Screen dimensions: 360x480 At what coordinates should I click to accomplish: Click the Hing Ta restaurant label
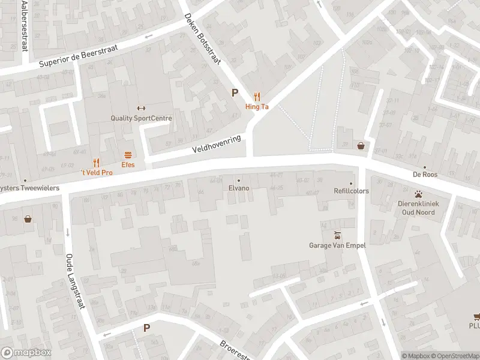(x=257, y=107)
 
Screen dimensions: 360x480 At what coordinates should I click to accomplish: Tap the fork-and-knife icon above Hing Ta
(x=257, y=96)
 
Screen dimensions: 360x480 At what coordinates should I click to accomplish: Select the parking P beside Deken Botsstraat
(x=235, y=93)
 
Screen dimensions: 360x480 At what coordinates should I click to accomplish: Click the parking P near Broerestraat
(x=146, y=328)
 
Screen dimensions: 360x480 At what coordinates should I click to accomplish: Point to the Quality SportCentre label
(x=141, y=118)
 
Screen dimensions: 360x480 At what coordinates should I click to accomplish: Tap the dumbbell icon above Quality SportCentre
(x=141, y=108)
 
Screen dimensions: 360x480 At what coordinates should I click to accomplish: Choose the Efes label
(x=128, y=164)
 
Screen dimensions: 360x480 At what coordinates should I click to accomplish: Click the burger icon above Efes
(x=128, y=154)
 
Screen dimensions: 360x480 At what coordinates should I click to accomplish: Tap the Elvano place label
(x=238, y=188)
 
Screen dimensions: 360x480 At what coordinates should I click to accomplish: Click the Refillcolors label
(x=352, y=191)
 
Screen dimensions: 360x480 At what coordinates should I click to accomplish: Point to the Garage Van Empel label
(x=337, y=245)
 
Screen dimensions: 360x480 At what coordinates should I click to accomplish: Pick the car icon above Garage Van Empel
(x=337, y=235)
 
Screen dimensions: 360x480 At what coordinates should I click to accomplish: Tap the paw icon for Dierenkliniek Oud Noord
(x=418, y=194)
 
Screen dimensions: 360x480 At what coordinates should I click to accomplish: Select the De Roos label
(x=425, y=175)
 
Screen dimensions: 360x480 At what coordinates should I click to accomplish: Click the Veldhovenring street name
(x=216, y=143)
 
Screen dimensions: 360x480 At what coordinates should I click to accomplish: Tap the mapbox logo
(x=26, y=353)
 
